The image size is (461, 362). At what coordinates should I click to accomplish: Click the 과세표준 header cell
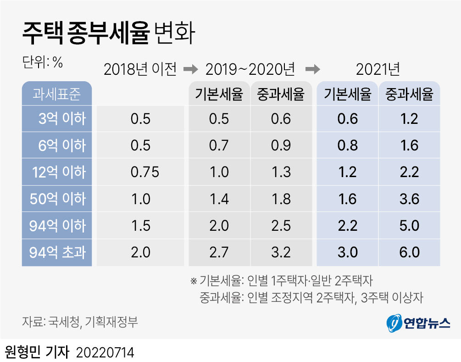coord(57,94)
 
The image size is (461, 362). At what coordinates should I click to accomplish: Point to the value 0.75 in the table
coord(145,172)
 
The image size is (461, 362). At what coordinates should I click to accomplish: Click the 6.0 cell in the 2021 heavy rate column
coord(409,252)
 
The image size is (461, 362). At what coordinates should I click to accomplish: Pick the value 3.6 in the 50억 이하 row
coord(409,199)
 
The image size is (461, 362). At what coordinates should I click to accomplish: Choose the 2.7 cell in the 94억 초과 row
coord(219,252)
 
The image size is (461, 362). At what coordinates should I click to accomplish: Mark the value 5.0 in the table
coord(409,225)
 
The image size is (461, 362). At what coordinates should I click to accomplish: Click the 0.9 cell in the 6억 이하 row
coord(281,145)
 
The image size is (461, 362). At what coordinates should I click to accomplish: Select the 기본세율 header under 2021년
coord(347,94)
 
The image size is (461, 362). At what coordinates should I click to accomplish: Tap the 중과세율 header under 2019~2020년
coord(281,94)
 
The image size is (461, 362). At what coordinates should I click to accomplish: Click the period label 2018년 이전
coord(140,69)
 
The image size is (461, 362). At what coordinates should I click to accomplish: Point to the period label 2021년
coord(378,69)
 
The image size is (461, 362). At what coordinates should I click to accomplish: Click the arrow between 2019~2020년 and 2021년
coord(312,69)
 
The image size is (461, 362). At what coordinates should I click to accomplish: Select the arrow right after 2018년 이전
coord(189,69)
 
